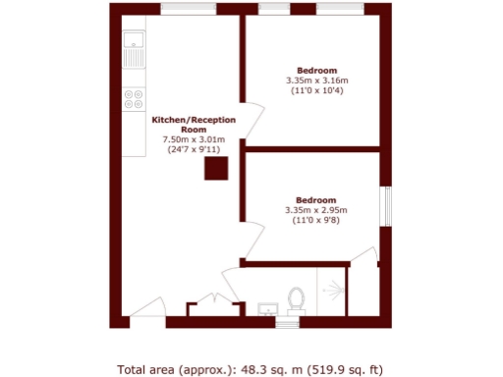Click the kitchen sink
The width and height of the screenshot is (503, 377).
134,50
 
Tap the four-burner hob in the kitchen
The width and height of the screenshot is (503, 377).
134,99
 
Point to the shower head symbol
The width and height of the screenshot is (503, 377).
336,290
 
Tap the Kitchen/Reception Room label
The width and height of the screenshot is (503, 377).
194,125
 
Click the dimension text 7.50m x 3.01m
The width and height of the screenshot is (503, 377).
194,140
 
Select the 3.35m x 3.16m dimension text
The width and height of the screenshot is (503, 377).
317,81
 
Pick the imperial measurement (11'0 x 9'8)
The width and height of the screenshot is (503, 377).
317,220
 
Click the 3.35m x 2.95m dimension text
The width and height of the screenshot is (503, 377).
317,209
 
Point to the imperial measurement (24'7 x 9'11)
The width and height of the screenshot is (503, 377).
194,151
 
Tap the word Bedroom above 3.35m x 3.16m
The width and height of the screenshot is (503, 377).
317,70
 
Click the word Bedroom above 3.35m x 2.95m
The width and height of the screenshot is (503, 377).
317,198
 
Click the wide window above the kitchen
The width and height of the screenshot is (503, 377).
188,9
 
